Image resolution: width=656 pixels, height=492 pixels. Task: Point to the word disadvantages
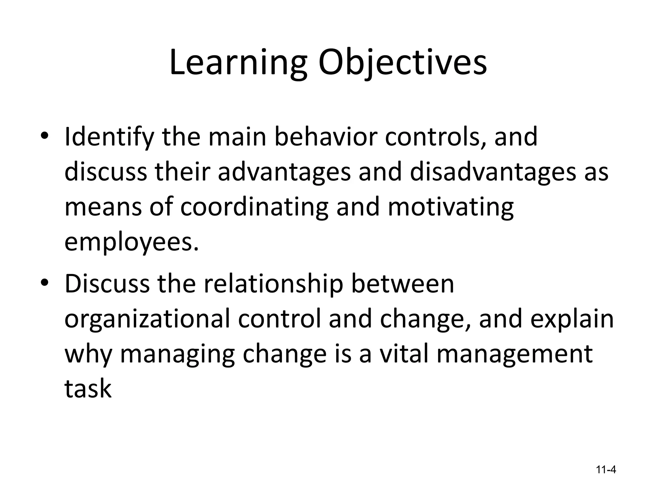[x=494, y=172]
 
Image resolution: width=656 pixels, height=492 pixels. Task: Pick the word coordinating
[x=254, y=208]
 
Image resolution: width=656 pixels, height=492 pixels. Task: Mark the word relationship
[x=273, y=284]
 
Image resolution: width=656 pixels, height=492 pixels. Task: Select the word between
[x=403, y=284]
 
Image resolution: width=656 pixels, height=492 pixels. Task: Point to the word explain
[x=572, y=320]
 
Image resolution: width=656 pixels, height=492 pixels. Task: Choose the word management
[x=514, y=355]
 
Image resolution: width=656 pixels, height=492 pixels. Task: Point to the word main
[x=237, y=137]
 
